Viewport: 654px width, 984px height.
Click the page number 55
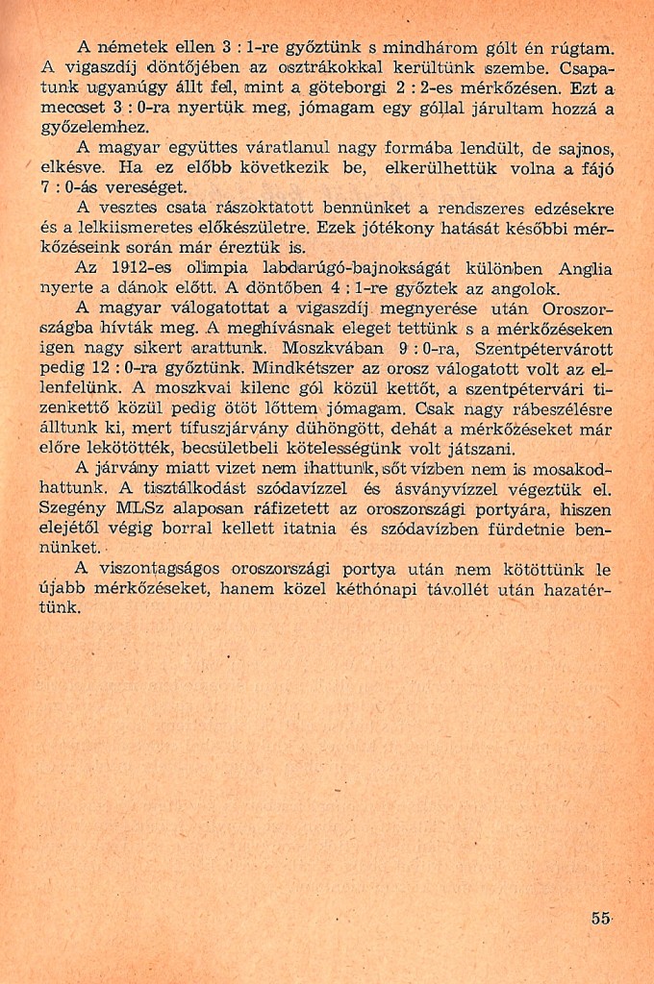coord(602,918)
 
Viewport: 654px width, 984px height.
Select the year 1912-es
coord(141,268)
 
